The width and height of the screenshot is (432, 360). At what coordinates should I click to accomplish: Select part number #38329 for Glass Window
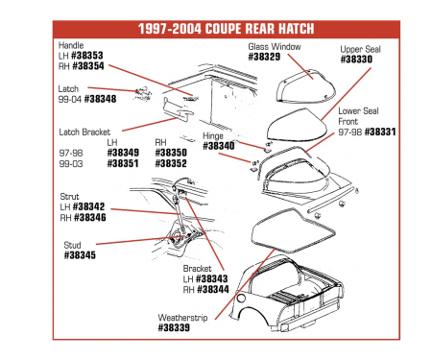pyautogui.click(x=265, y=57)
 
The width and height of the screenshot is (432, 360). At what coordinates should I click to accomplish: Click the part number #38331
pyautogui.click(x=380, y=132)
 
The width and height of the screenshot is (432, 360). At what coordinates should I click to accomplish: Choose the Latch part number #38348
pyautogui.click(x=100, y=99)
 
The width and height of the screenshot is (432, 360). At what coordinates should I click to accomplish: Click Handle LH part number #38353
pyautogui.click(x=88, y=57)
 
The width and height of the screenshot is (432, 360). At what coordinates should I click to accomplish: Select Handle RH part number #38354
pyautogui.click(x=89, y=67)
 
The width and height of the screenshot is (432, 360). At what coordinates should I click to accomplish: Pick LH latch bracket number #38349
pyautogui.click(x=122, y=152)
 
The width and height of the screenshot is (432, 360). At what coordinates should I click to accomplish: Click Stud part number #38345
pyautogui.click(x=80, y=255)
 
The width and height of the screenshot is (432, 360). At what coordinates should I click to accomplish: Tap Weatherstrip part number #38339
pyautogui.click(x=180, y=327)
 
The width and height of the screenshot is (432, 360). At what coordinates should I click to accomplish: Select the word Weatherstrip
pyautogui.click(x=185, y=316)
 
